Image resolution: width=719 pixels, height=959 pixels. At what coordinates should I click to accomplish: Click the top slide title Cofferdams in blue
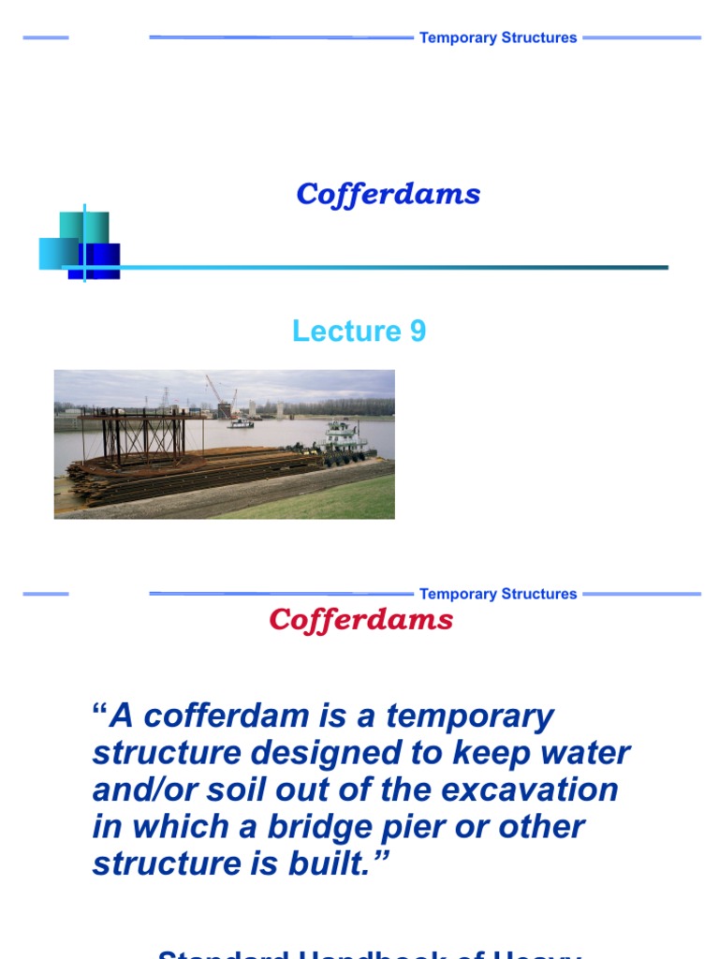(389, 194)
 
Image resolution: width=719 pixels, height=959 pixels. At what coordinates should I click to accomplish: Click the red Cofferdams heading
(361, 619)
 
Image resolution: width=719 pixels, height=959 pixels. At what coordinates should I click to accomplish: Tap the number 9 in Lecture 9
(417, 331)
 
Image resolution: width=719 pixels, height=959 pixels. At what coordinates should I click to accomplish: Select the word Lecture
(345, 331)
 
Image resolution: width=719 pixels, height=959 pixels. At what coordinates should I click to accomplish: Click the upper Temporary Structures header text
(498, 37)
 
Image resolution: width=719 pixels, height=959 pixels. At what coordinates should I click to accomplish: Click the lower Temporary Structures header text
(498, 594)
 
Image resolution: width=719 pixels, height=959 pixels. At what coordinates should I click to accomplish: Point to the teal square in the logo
(84, 226)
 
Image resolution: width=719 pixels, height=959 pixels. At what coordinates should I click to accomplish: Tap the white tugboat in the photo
(345, 439)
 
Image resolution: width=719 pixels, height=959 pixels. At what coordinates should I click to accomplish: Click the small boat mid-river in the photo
(240, 423)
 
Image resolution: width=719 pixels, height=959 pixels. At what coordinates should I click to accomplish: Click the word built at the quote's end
(345, 863)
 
